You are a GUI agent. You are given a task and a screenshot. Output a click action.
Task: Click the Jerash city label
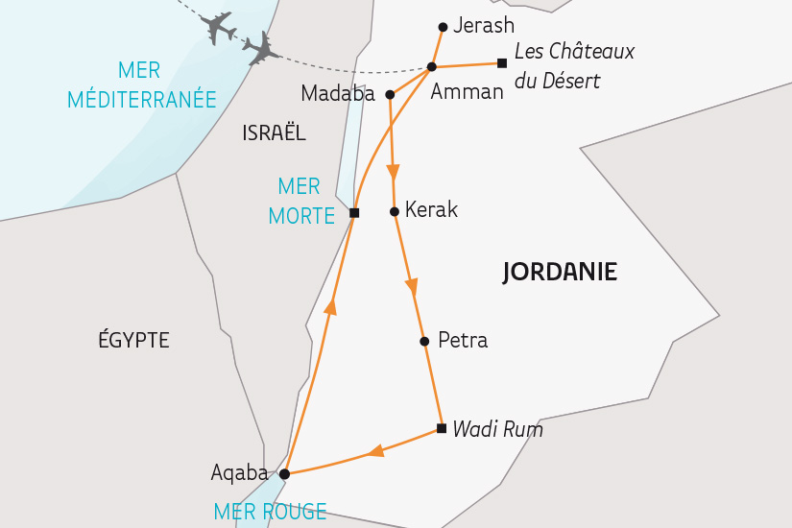coord(484,26)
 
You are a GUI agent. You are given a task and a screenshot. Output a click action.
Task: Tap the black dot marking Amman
coord(432,66)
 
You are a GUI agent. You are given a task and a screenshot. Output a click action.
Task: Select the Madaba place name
coord(339,93)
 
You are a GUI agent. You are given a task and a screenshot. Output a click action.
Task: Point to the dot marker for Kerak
coord(394,211)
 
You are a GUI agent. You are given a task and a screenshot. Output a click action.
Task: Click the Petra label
coord(462,340)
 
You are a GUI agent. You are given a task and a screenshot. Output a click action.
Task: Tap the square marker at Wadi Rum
coord(441,428)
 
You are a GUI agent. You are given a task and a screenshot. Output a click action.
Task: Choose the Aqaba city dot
coord(284,473)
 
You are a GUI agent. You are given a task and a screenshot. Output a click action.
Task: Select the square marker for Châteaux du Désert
coord(501,63)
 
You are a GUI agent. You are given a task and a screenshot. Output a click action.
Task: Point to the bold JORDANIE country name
coord(560,273)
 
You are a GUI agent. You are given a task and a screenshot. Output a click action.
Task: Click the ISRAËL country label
coord(274,133)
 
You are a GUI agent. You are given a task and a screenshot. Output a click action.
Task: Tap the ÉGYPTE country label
coord(133,340)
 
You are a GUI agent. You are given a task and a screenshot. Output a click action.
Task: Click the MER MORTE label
coord(300,201)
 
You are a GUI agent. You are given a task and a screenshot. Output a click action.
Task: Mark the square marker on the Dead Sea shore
coord(353,213)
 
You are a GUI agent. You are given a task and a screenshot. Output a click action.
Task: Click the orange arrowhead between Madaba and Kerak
coord(393,173)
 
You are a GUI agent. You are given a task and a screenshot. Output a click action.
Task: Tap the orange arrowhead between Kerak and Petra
coord(412,285)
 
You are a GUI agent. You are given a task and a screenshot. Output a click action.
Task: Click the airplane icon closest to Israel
coord(261,48)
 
